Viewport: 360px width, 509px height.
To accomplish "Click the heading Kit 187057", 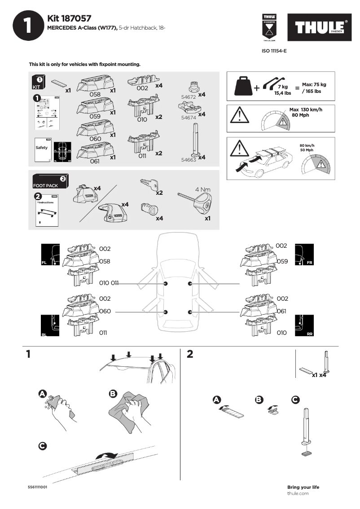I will coord(69,18).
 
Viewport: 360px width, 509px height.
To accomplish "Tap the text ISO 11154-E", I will coord(274,51).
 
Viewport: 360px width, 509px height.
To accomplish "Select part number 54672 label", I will coord(188,97).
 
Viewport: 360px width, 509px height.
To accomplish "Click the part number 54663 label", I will coord(188,159).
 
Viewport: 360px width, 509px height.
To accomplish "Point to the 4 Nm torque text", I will coord(203,189).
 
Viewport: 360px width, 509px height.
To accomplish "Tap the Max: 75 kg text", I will coord(314,84).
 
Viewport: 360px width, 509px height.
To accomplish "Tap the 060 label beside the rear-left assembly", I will coord(105,311).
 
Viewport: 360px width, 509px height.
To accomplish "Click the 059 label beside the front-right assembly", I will coord(282,261).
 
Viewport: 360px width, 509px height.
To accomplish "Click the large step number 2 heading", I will coord(189,354).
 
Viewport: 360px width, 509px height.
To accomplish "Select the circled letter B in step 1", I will coord(113,394).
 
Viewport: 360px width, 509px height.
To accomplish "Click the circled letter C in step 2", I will coord(295,399).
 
